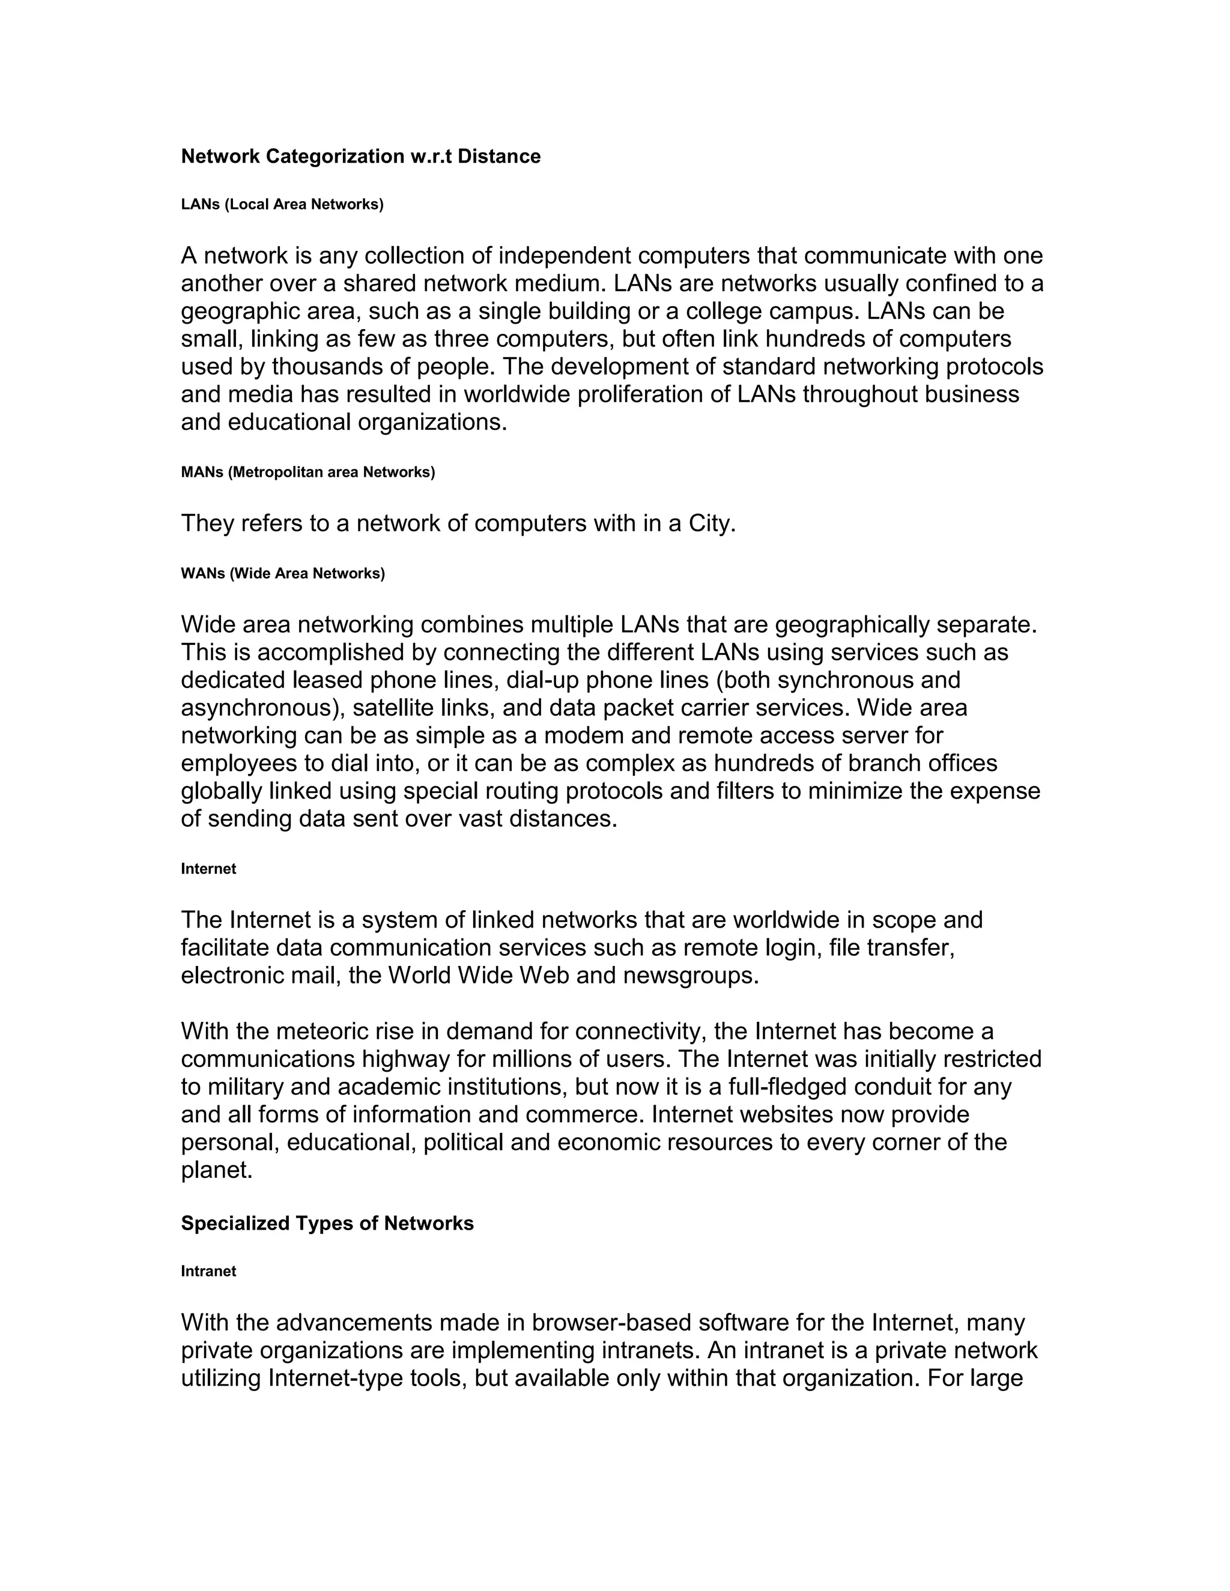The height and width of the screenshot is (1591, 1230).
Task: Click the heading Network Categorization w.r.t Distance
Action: tap(361, 157)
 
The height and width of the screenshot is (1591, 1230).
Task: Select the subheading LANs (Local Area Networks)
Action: tap(282, 205)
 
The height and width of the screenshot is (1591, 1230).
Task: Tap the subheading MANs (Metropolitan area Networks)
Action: tap(307, 472)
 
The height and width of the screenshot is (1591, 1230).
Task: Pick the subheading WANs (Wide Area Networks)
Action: tap(283, 573)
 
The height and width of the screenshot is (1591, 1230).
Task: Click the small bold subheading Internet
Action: tap(208, 869)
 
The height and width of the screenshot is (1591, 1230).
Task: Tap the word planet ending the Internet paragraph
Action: tap(215, 1171)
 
